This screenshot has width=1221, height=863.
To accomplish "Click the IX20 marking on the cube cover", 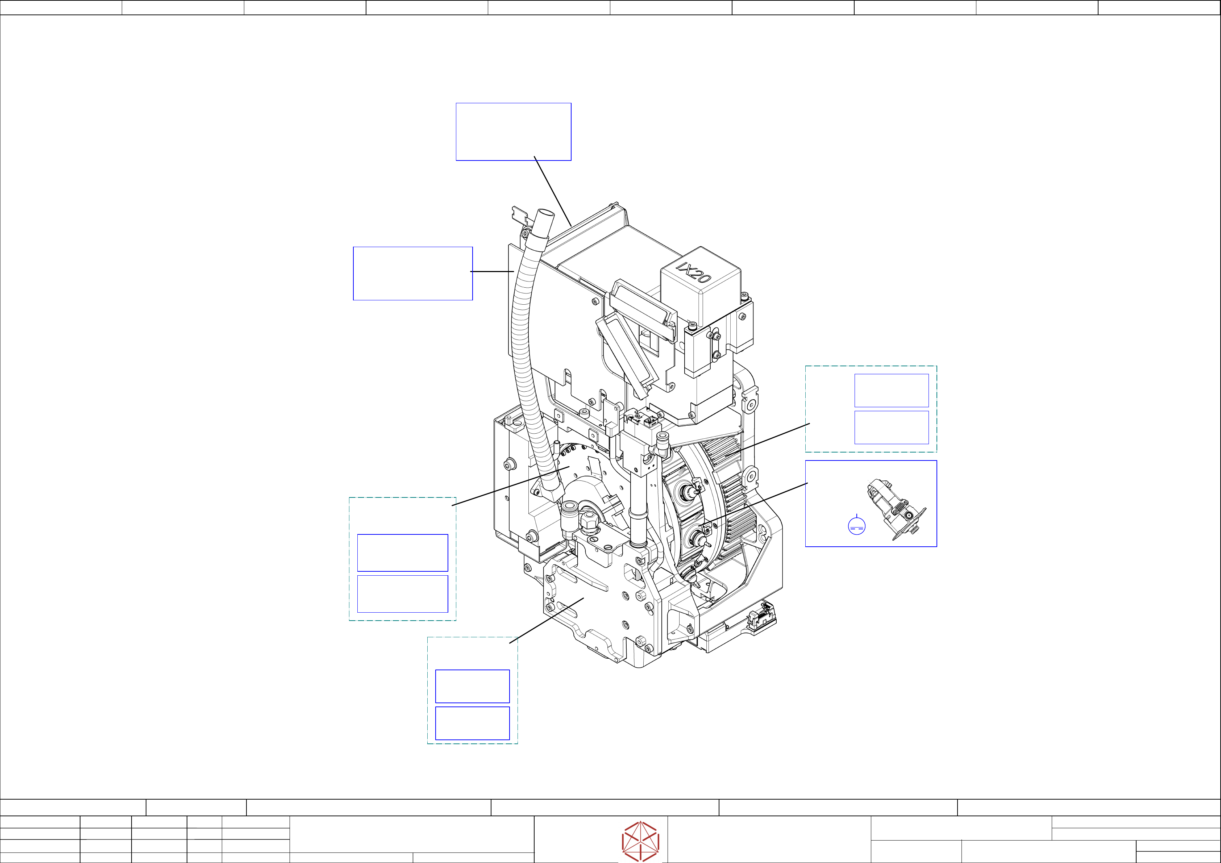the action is point(693,272).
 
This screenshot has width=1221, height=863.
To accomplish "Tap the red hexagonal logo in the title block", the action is point(641,841).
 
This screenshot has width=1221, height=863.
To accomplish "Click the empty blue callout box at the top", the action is point(514,132).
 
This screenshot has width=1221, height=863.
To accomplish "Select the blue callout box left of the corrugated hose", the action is point(413,273).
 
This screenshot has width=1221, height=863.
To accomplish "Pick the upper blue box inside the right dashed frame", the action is point(891,390).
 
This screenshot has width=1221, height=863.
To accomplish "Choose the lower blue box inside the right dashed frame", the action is point(891,427).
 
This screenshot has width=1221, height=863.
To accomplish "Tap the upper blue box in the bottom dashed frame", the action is point(472,686).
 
